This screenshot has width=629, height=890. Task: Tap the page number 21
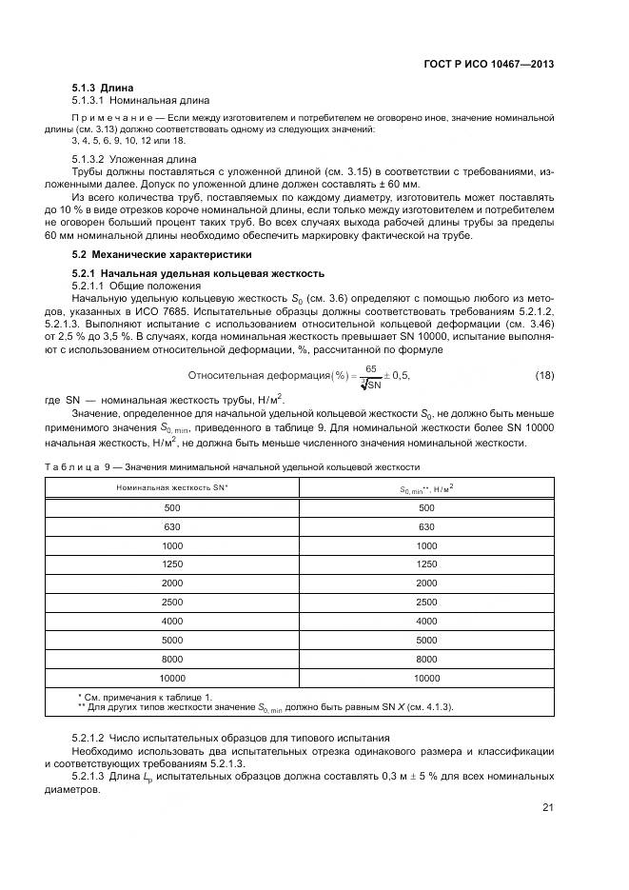click(548, 808)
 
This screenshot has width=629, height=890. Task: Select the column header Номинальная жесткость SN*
click(172, 486)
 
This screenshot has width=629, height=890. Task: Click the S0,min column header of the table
click(425, 487)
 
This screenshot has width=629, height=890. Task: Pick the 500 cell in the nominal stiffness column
click(172, 508)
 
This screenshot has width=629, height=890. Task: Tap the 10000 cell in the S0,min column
click(426, 678)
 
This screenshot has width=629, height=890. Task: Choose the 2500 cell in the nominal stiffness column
click(172, 603)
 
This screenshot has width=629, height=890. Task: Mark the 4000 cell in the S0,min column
click(426, 622)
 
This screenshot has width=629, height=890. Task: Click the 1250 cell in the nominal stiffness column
click(172, 564)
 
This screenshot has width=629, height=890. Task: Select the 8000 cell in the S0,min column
click(426, 659)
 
